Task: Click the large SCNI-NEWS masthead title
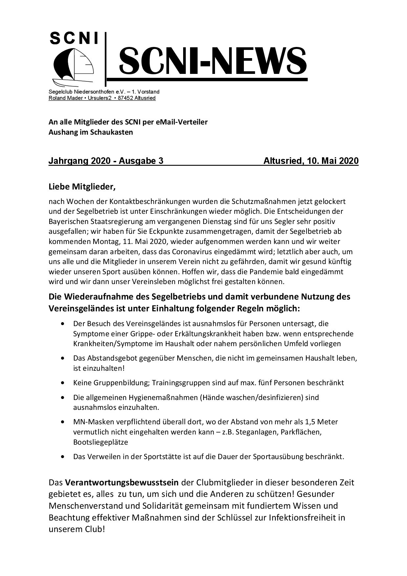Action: click(212, 61)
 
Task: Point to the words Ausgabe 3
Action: click(141, 161)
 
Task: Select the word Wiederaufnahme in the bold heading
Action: click(98, 297)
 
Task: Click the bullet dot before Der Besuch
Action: click(63, 324)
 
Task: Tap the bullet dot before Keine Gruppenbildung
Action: click(63, 383)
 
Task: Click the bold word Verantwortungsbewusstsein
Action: click(122, 483)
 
